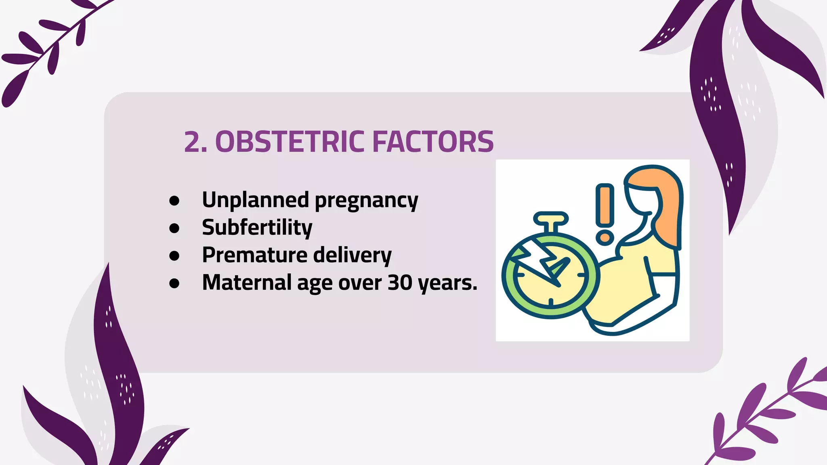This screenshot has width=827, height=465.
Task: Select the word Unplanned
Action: click(x=256, y=200)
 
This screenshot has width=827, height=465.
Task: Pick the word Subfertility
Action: click(x=257, y=228)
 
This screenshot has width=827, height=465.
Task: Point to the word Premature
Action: click(x=255, y=255)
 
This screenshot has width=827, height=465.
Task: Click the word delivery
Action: click(x=352, y=255)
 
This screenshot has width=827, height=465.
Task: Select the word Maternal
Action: click(x=247, y=283)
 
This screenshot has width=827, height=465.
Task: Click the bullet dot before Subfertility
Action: click(x=174, y=228)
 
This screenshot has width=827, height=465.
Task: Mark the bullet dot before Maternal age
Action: click(x=174, y=283)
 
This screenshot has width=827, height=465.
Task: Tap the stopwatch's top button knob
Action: click(x=551, y=219)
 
